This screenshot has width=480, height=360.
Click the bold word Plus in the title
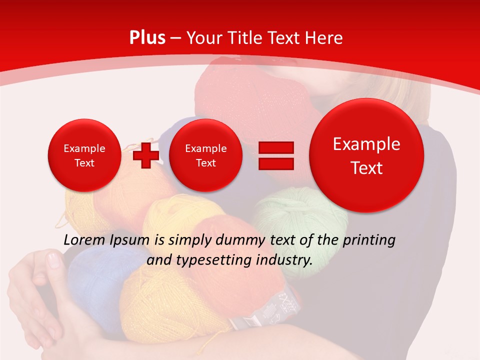[147, 38]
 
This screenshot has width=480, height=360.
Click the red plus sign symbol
[146, 155]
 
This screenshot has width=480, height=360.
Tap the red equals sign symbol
[275, 155]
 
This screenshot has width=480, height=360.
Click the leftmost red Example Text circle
[84, 155]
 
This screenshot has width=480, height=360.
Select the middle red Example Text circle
[205, 155]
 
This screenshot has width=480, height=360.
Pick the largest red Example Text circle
[366, 155]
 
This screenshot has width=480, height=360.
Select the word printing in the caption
[369, 240]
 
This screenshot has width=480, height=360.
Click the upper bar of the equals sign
[275, 147]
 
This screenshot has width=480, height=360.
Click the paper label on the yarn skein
[265, 312]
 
